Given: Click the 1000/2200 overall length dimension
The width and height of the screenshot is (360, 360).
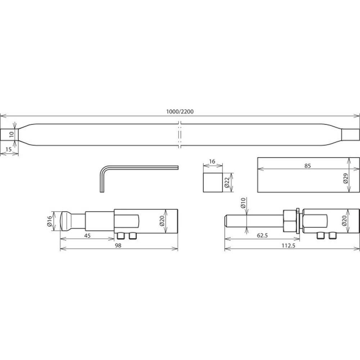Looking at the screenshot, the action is pyautogui.click(x=180, y=112).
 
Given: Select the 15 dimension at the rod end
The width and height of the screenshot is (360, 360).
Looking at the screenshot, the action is pyautogui.click(x=8, y=149).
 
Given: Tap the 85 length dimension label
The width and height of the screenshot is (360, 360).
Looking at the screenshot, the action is pyautogui.click(x=307, y=166).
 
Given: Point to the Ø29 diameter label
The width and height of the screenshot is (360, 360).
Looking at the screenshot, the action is pyautogui.click(x=346, y=178).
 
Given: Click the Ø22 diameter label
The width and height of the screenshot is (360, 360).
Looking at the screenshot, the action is pyautogui.click(x=227, y=183).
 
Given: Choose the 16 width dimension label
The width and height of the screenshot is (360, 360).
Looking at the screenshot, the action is pyautogui.click(x=212, y=161).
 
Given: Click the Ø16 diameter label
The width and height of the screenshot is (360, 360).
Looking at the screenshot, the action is pyautogui.click(x=50, y=221).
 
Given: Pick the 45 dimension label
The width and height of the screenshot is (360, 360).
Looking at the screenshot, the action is pyautogui.click(x=87, y=235).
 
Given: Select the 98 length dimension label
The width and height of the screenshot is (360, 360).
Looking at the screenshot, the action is pyautogui.click(x=118, y=246).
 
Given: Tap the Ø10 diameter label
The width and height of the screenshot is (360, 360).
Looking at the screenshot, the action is pyautogui.click(x=243, y=203).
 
